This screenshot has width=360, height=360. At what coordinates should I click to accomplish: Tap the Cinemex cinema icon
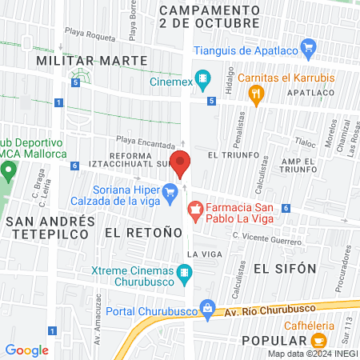pyautogui.click(x=205, y=81)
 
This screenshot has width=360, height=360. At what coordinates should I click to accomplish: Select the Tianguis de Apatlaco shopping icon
pyautogui.click(x=306, y=50)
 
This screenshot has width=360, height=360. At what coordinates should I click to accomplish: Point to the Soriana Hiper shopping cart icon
pyautogui.click(x=170, y=191)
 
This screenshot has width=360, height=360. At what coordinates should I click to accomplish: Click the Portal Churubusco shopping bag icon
pyautogui.click(x=208, y=308)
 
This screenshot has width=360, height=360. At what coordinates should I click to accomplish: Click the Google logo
pyautogui.click(x=27, y=350)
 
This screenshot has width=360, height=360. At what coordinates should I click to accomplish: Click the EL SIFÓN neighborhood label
pyautogui.click(x=284, y=267)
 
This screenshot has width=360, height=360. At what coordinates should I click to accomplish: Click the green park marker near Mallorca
pyautogui.click(x=9, y=170)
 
